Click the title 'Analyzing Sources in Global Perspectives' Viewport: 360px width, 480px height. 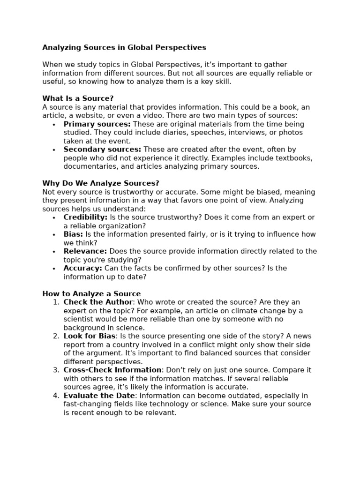point(124,47)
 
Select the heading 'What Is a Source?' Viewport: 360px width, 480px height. point(78,98)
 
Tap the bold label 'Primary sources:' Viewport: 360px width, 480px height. point(97,124)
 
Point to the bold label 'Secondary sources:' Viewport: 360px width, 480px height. point(102,150)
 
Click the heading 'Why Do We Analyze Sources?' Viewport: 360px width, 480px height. point(101,183)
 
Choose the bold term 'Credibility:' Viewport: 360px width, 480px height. point(85,217)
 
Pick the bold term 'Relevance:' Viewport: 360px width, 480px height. point(85,251)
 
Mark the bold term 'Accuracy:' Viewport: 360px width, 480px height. point(82,268)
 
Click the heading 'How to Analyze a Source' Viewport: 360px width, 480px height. point(91,294)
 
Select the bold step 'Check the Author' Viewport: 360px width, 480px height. point(98,302)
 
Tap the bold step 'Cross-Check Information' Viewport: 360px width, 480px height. point(112,370)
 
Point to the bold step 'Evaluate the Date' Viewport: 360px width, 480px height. point(99,396)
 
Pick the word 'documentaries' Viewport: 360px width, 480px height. point(87,166)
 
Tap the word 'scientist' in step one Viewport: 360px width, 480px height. point(80,319)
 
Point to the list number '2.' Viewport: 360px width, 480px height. point(56,336)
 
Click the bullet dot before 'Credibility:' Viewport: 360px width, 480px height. point(54,218)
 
